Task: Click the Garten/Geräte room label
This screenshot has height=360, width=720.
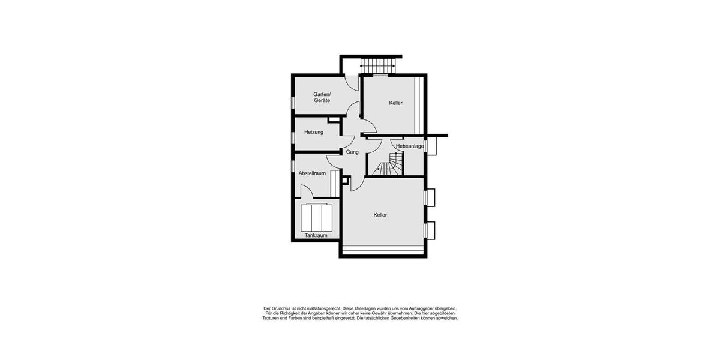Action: [322, 97]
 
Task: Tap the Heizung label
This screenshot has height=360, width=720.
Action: [314, 132]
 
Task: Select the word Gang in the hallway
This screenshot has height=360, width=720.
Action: [352, 152]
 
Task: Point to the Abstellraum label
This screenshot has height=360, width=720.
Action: [312, 173]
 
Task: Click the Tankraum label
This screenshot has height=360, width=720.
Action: [316, 235]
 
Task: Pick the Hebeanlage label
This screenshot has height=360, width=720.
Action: [410, 146]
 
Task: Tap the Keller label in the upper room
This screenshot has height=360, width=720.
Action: [395, 103]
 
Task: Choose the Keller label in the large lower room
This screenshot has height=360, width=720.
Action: [380, 215]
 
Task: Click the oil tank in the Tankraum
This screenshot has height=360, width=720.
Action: [317, 217]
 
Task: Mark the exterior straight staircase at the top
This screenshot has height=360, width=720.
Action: [377, 66]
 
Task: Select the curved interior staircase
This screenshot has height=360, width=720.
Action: [389, 164]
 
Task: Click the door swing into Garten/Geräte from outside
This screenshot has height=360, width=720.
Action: [352, 83]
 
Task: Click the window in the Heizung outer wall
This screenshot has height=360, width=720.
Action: [293, 137]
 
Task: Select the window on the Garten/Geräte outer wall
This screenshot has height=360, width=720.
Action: [293, 102]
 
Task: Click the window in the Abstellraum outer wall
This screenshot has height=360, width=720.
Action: [293, 166]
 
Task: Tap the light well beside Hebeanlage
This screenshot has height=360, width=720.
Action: [431, 146]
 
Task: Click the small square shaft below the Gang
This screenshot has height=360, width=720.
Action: [346, 181]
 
